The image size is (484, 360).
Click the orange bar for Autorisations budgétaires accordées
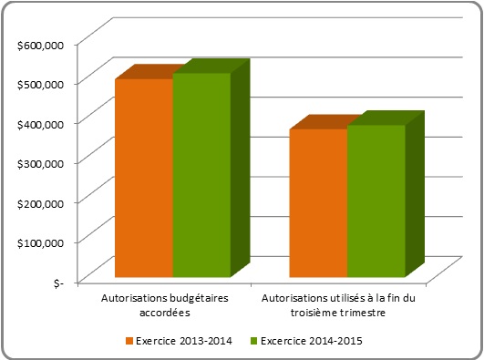143,178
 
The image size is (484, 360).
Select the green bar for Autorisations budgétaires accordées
201,175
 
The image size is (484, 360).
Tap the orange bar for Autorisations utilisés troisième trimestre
318,203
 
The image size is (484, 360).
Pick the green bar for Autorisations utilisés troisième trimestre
376,201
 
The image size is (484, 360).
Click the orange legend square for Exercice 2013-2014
129,342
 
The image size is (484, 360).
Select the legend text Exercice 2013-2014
182,342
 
